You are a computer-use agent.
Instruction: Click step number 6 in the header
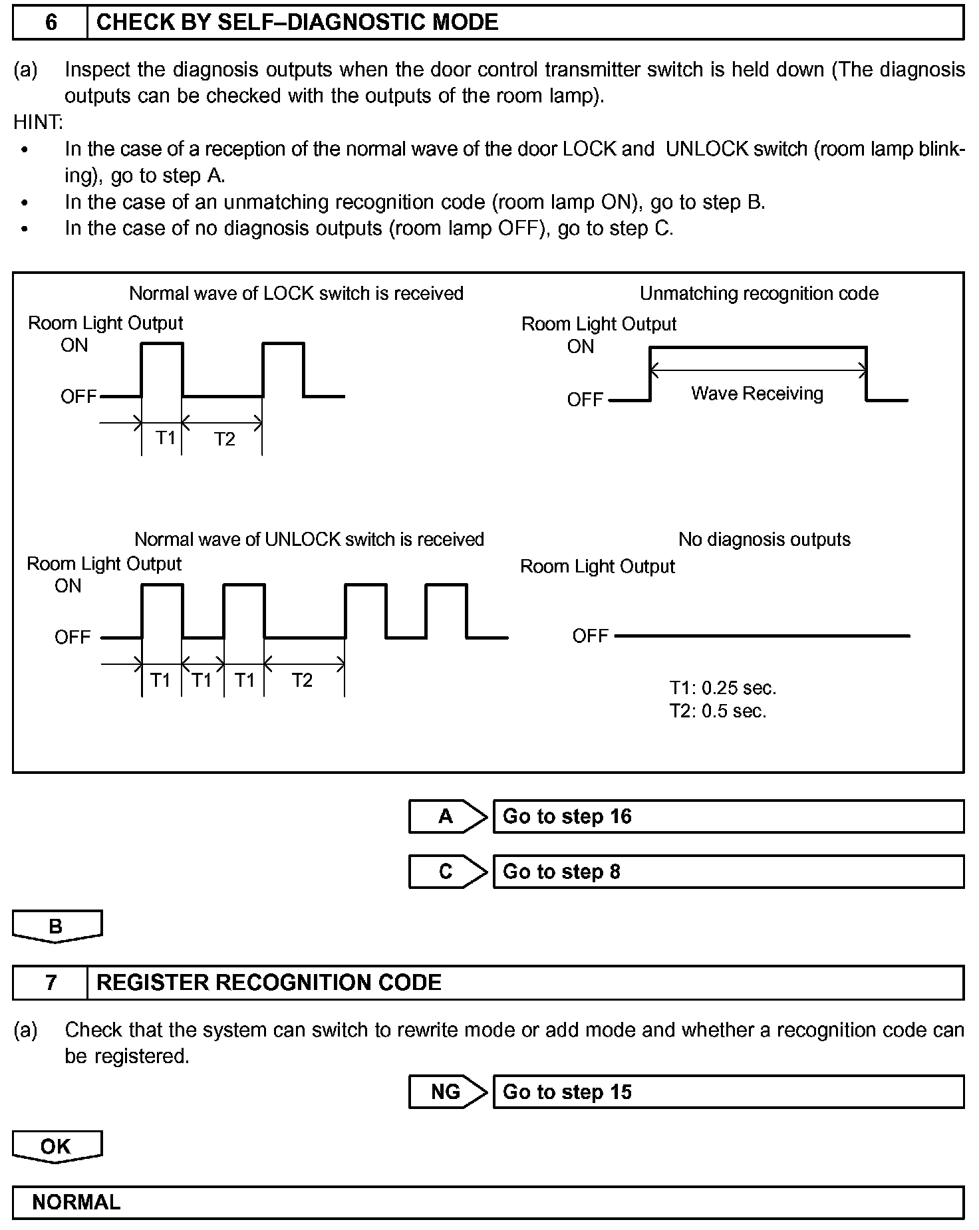tap(51, 23)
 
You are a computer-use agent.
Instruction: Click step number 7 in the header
tap(51, 983)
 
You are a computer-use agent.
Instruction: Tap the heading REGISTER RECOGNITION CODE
tap(269, 983)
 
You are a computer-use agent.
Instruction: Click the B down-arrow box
tap(57, 926)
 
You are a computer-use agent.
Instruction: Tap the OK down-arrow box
tap(57, 1146)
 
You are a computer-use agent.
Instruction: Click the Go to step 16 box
tap(728, 816)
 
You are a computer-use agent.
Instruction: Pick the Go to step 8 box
tap(728, 872)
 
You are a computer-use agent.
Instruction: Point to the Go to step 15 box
tap(728, 1092)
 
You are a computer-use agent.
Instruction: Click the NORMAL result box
tap(488, 1202)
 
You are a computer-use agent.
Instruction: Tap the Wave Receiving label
tap(757, 394)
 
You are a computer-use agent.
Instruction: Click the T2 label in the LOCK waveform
tap(225, 439)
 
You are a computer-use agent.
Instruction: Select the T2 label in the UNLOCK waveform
tap(302, 680)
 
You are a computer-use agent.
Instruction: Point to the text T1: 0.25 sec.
tap(723, 687)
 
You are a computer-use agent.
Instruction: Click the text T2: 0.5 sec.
tap(718, 711)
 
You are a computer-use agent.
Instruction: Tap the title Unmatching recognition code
tap(759, 293)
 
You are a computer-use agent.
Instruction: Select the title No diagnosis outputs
tap(764, 539)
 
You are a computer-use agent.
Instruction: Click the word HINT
tap(38, 122)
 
